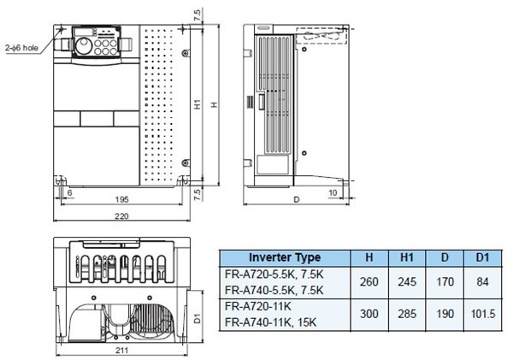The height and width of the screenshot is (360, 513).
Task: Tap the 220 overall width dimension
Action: [122, 217]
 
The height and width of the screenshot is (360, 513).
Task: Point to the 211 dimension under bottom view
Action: [123, 351]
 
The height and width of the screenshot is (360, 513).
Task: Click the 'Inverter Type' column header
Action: [285, 257]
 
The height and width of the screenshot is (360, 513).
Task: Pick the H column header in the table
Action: [368, 257]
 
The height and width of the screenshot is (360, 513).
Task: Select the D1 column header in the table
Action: [481, 257]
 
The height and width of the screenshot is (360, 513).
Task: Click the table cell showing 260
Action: [368, 280]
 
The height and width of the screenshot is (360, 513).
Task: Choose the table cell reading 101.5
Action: [481, 313]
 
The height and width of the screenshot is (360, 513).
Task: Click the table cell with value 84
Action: [481, 280]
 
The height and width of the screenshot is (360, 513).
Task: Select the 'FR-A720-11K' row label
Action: [258, 304]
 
